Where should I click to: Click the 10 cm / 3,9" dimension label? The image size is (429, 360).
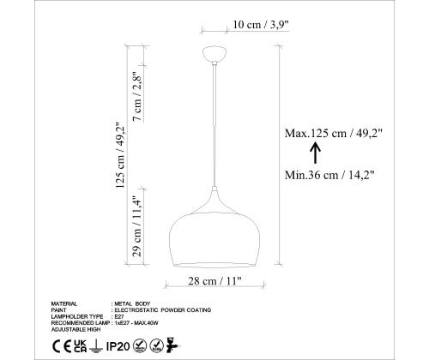click(x=261, y=25)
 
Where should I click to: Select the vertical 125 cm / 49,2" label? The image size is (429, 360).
click(x=121, y=155)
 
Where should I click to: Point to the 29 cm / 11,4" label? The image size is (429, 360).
click(x=137, y=226)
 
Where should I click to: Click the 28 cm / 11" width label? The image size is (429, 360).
click(x=214, y=281)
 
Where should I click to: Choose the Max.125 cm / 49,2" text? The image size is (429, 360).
click(x=334, y=133)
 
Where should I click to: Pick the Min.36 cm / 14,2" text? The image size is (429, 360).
click(x=329, y=175)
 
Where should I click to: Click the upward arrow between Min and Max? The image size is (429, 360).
click(x=315, y=153)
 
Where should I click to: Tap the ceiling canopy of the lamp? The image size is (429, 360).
click(x=214, y=54)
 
